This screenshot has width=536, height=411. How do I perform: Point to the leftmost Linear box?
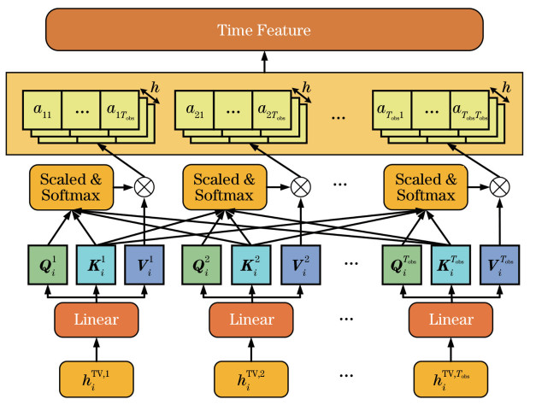pyautogui.click(x=96, y=320)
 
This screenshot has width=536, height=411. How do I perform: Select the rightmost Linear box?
pyautogui.click(x=451, y=320)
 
